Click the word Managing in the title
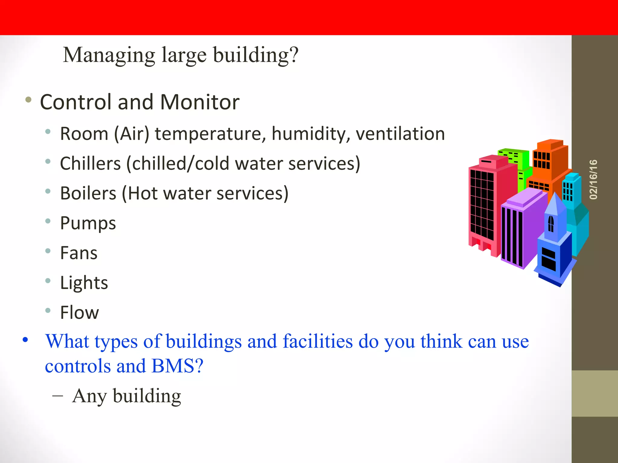click(109, 55)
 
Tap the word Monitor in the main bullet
click(200, 102)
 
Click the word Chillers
click(90, 164)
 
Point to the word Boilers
click(88, 193)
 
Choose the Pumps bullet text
click(88, 223)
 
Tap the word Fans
click(79, 253)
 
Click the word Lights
click(84, 283)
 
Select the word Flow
click(79, 313)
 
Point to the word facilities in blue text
click(317, 342)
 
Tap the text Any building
click(126, 396)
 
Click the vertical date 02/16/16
click(593, 179)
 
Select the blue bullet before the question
click(25, 340)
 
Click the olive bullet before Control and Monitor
click(28, 100)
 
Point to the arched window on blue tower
click(551, 224)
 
